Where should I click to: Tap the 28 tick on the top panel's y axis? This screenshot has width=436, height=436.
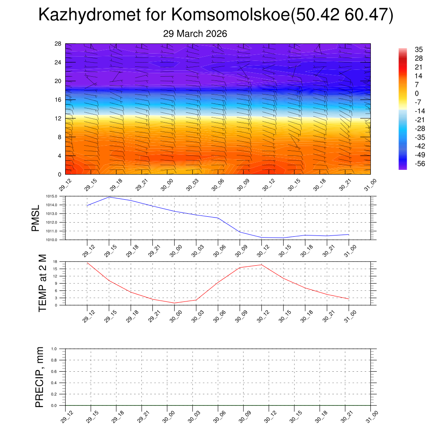tap(58, 44)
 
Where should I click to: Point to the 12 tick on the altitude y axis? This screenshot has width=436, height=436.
tap(58, 118)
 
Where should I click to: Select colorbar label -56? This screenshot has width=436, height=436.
tap(419, 163)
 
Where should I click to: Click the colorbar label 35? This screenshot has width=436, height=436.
tap(419, 49)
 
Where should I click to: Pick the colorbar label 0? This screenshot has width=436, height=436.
tap(417, 93)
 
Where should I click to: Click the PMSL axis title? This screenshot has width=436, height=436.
tap(36, 218)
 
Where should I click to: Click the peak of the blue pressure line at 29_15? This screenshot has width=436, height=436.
tap(109, 197)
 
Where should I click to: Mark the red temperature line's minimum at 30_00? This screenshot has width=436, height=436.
tap(175, 303)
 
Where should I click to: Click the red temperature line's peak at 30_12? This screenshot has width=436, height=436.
tap(261, 265)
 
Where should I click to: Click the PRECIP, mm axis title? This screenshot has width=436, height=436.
tap(39, 377)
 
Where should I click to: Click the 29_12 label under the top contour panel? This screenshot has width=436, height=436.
tap(66, 186)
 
